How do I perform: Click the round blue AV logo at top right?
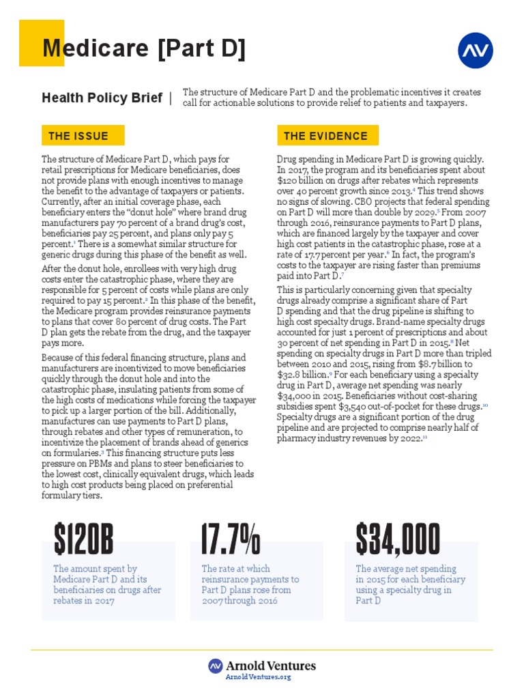pyautogui.click(x=475, y=51)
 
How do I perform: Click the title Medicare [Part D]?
pyautogui.click(x=143, y=49)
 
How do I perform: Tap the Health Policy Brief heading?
pyautogui.click(x=102, y=98)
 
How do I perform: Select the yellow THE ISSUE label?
pyautogui.click(x=78, y=136)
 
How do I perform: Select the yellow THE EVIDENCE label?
pyautogui.click(x=325, y=136)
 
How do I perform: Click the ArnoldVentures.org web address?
pyautogui.click(x=258, y=676)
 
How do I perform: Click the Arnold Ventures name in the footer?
pyautogui.click(x=271, y=666)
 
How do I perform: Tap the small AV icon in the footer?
pyautogui.click(x=216, y=666)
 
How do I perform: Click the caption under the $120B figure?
pyautogui.click(x=107, y=584)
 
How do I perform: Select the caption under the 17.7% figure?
pyautogui.click(x=250, y=584)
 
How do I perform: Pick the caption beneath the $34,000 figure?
pyautogui.click(x=410, y=584)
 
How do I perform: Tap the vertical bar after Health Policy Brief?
pyautogui.click(x=170, y=98)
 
